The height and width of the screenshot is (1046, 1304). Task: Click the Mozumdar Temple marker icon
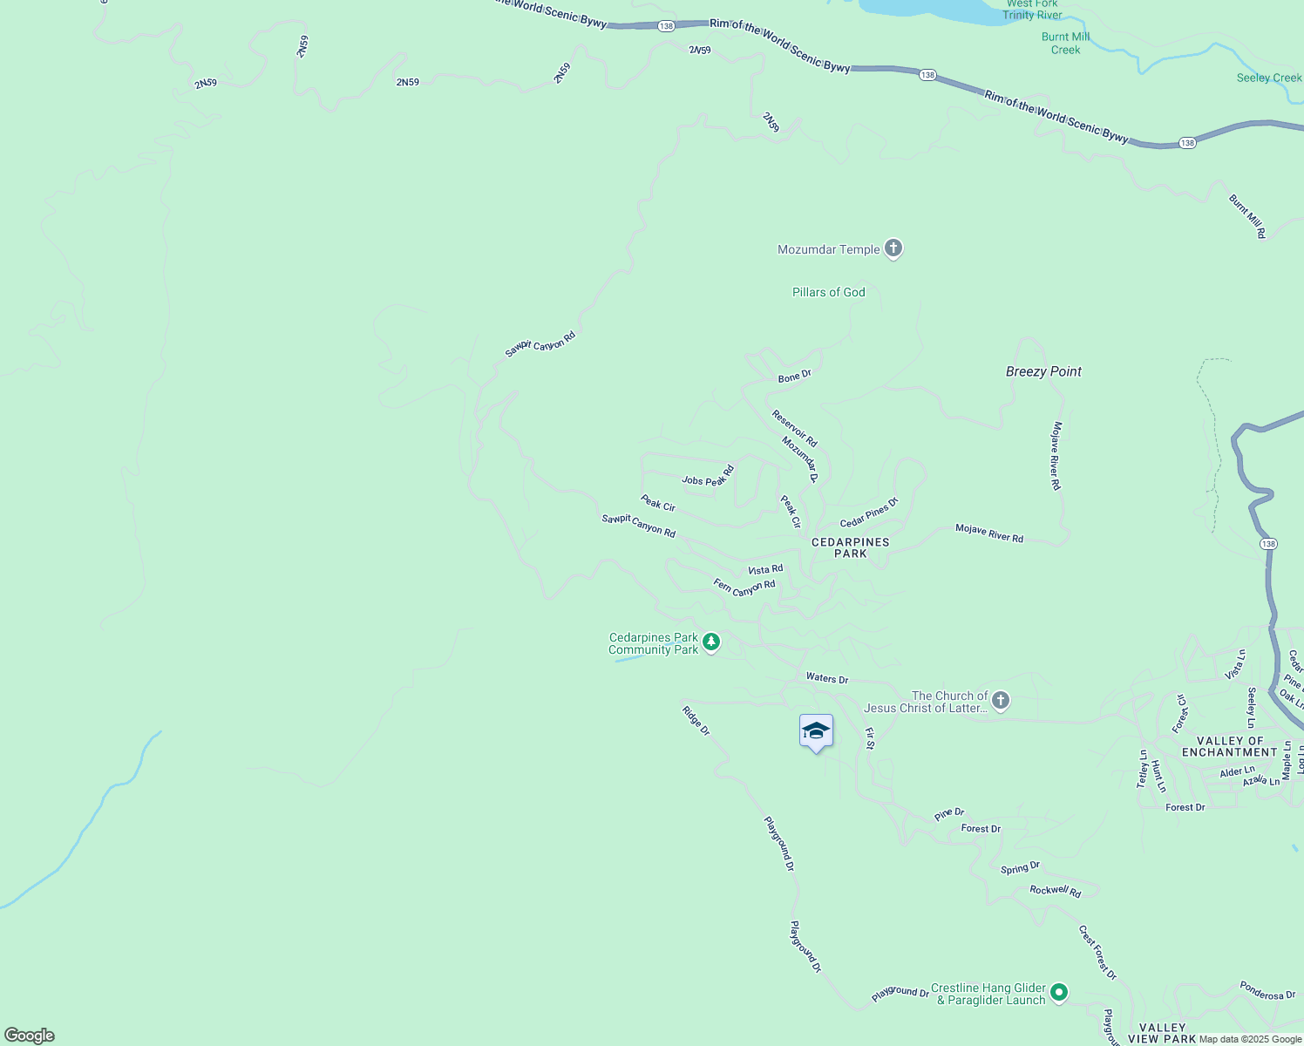click(893, 248)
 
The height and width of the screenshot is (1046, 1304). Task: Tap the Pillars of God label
click(828, 292)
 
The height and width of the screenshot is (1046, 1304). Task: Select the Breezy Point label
click(1043, 371)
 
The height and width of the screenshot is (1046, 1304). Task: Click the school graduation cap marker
click(816, 731)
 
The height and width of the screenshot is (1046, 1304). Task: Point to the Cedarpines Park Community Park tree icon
click(711, 642)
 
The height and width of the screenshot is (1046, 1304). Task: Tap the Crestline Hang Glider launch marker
click(1059, 992)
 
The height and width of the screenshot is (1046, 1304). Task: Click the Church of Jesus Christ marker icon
click(1001, 700)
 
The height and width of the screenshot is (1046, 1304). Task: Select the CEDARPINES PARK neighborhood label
click(850, 547)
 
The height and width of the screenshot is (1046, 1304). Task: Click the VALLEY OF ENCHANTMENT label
click(1230, 746)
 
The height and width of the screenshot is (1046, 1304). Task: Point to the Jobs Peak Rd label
click(708, 476)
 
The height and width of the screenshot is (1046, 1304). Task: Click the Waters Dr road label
click(827, 678)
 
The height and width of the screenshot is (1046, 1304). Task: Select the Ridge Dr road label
click(696, 720)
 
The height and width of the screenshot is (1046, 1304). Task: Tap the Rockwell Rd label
click(1055, 890)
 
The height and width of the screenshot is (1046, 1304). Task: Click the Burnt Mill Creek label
click(1065, 44)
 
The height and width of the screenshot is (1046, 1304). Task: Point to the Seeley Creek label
click(1268, 78)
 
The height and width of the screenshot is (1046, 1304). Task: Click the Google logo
click(30, 1036)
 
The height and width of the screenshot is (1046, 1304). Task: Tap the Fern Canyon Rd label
click(744, 588)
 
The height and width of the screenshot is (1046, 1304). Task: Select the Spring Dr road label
click(1020, 867)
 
